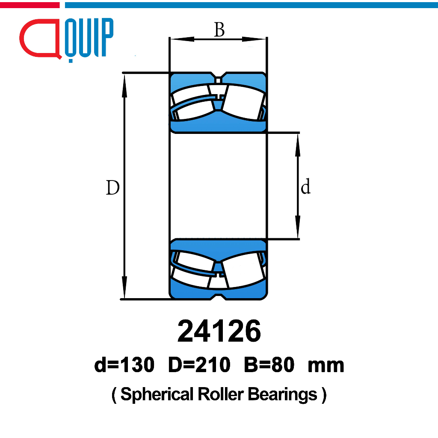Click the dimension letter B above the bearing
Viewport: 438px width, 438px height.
pos(219,30)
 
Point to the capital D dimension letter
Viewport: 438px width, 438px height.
pos(113,187)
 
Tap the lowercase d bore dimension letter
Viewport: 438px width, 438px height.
pos(305,186)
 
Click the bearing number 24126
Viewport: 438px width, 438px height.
pos(219,331)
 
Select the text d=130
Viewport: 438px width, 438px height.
pos(124,364)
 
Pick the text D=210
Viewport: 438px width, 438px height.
pos(199,364)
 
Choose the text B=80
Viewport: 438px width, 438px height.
pos(269,364)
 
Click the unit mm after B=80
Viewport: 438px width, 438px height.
pos(326,366)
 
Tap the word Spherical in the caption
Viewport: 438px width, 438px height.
pos(157,394)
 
